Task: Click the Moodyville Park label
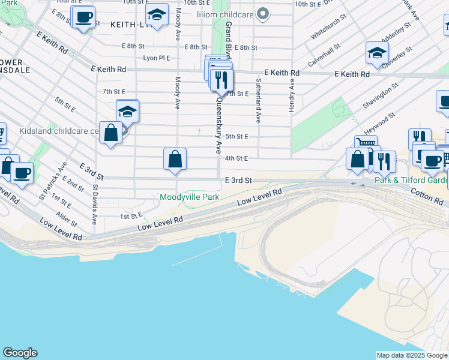coord(189,197)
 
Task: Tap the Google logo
coord(20,353)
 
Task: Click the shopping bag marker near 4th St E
coord(175,160)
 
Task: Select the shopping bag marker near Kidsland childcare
coord(112,134)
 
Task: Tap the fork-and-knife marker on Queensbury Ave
coord(222,80)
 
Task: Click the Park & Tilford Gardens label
coord(411,180)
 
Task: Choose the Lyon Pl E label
coord(157,58)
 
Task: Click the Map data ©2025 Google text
coord(412,355)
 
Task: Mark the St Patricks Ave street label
coord(52,180)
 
